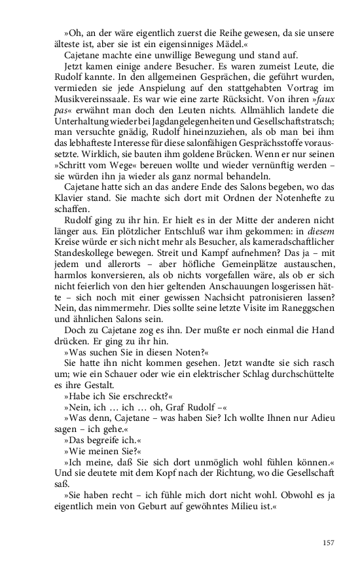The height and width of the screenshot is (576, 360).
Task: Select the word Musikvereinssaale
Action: (x=90, y=97)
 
